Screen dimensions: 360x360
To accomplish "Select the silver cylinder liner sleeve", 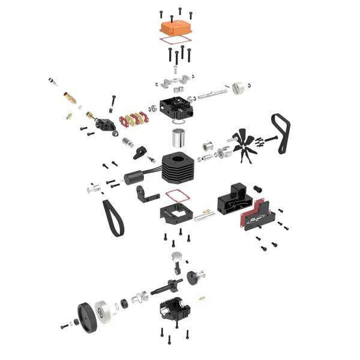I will coord(178,137).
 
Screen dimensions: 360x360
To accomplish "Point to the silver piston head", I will coord(178,256).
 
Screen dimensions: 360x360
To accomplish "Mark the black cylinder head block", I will coord(176,106).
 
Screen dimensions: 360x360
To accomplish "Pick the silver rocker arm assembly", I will coord(175,80).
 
